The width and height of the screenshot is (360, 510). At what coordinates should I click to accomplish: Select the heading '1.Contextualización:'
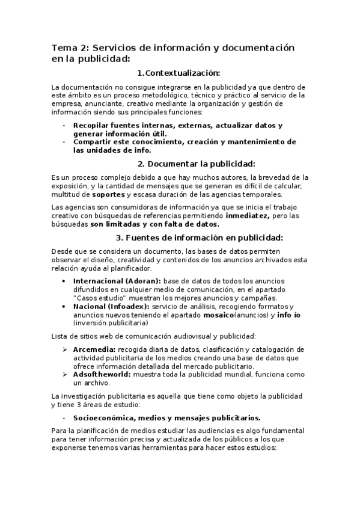(x=179, y=73)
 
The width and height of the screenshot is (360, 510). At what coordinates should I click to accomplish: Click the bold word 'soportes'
(x=108, y=194)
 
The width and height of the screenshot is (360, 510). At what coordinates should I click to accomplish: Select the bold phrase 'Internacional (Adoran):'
(x=117, y=281)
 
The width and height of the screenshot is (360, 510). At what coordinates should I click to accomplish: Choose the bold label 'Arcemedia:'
(x=94, y=349)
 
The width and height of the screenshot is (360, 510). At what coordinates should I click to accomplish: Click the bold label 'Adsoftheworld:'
(x=102, y=374)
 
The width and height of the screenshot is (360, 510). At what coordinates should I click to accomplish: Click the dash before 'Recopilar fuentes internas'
(x=64, y=125)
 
